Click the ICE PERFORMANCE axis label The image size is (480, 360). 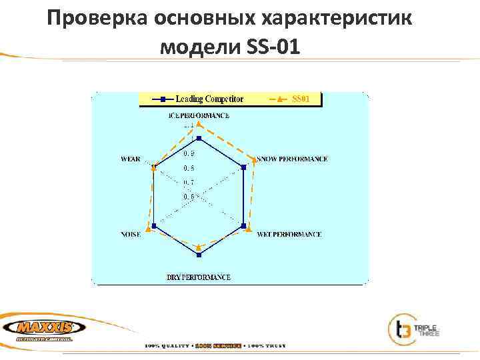point(199,115)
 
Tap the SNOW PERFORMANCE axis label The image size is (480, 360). point(293,159)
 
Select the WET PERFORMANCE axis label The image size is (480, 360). point(289,235)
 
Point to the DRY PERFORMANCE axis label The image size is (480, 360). point(199,277)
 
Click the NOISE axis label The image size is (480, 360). point(131,235)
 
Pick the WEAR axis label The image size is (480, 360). point(130,159)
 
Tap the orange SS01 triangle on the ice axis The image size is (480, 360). point(199,125)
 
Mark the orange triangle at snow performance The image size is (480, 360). point(253,159)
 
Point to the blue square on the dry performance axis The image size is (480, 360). point(199,254)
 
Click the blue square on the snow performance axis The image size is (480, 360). point(244,167)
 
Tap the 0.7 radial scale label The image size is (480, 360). point(189,182)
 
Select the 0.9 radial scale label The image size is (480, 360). point(189,154)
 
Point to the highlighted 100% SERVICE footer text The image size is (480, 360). point(219,345)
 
